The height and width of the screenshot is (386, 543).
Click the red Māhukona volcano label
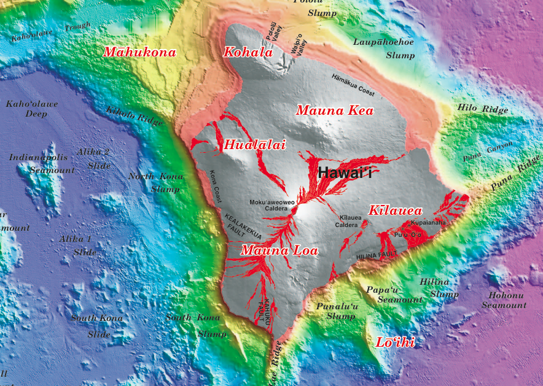click(x=139, y=52)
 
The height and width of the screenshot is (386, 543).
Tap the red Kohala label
click(x=248, y=52)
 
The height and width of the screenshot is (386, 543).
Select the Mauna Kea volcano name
click(x=335, y=111)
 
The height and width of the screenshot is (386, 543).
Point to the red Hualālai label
click(x=246, y=145)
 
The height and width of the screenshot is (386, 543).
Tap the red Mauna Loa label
click(x=279, y=250)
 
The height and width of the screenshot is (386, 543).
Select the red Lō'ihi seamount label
click(x=395, y=342)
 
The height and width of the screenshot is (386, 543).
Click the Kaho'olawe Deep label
click(x=32, y=109)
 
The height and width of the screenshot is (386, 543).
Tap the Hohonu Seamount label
click(x=504, y=300)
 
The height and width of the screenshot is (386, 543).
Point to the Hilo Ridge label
click(x=483, y=109)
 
